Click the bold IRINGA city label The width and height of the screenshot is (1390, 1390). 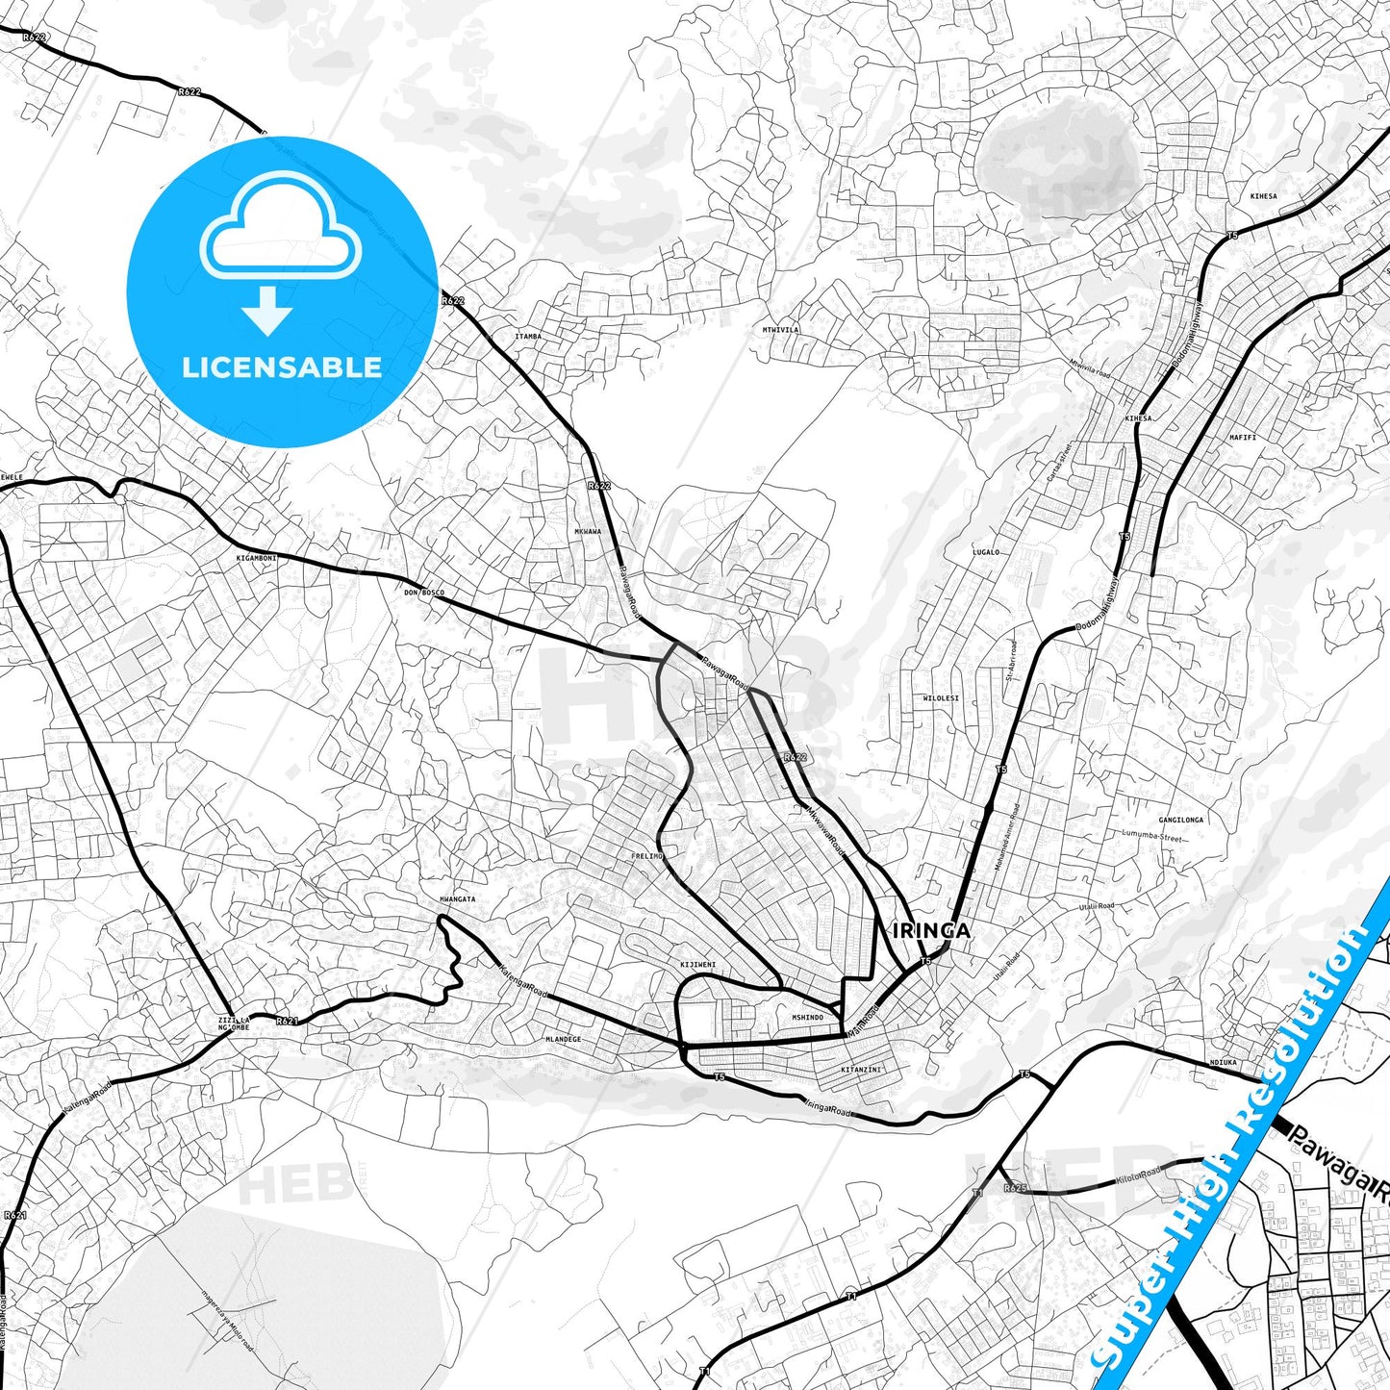931,931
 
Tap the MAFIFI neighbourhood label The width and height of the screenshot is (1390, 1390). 1242,438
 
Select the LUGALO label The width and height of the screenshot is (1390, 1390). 985,553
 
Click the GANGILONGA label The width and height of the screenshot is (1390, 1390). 1180,821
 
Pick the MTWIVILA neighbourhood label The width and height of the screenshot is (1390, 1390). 780,330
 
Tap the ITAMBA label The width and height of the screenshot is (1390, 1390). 528,337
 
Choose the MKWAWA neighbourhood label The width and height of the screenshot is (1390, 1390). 587,532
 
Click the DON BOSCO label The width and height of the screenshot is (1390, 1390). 424,593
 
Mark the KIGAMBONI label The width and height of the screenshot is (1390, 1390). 256,558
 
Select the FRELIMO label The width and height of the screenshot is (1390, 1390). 646,856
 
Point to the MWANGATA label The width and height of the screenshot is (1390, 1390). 457,899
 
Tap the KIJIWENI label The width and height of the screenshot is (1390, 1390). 697,965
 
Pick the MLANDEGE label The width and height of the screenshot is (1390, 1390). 563,1040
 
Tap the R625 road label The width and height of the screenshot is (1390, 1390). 1015,1189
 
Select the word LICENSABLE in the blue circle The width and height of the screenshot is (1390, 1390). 282,367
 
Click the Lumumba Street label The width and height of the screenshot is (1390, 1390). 1150,838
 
